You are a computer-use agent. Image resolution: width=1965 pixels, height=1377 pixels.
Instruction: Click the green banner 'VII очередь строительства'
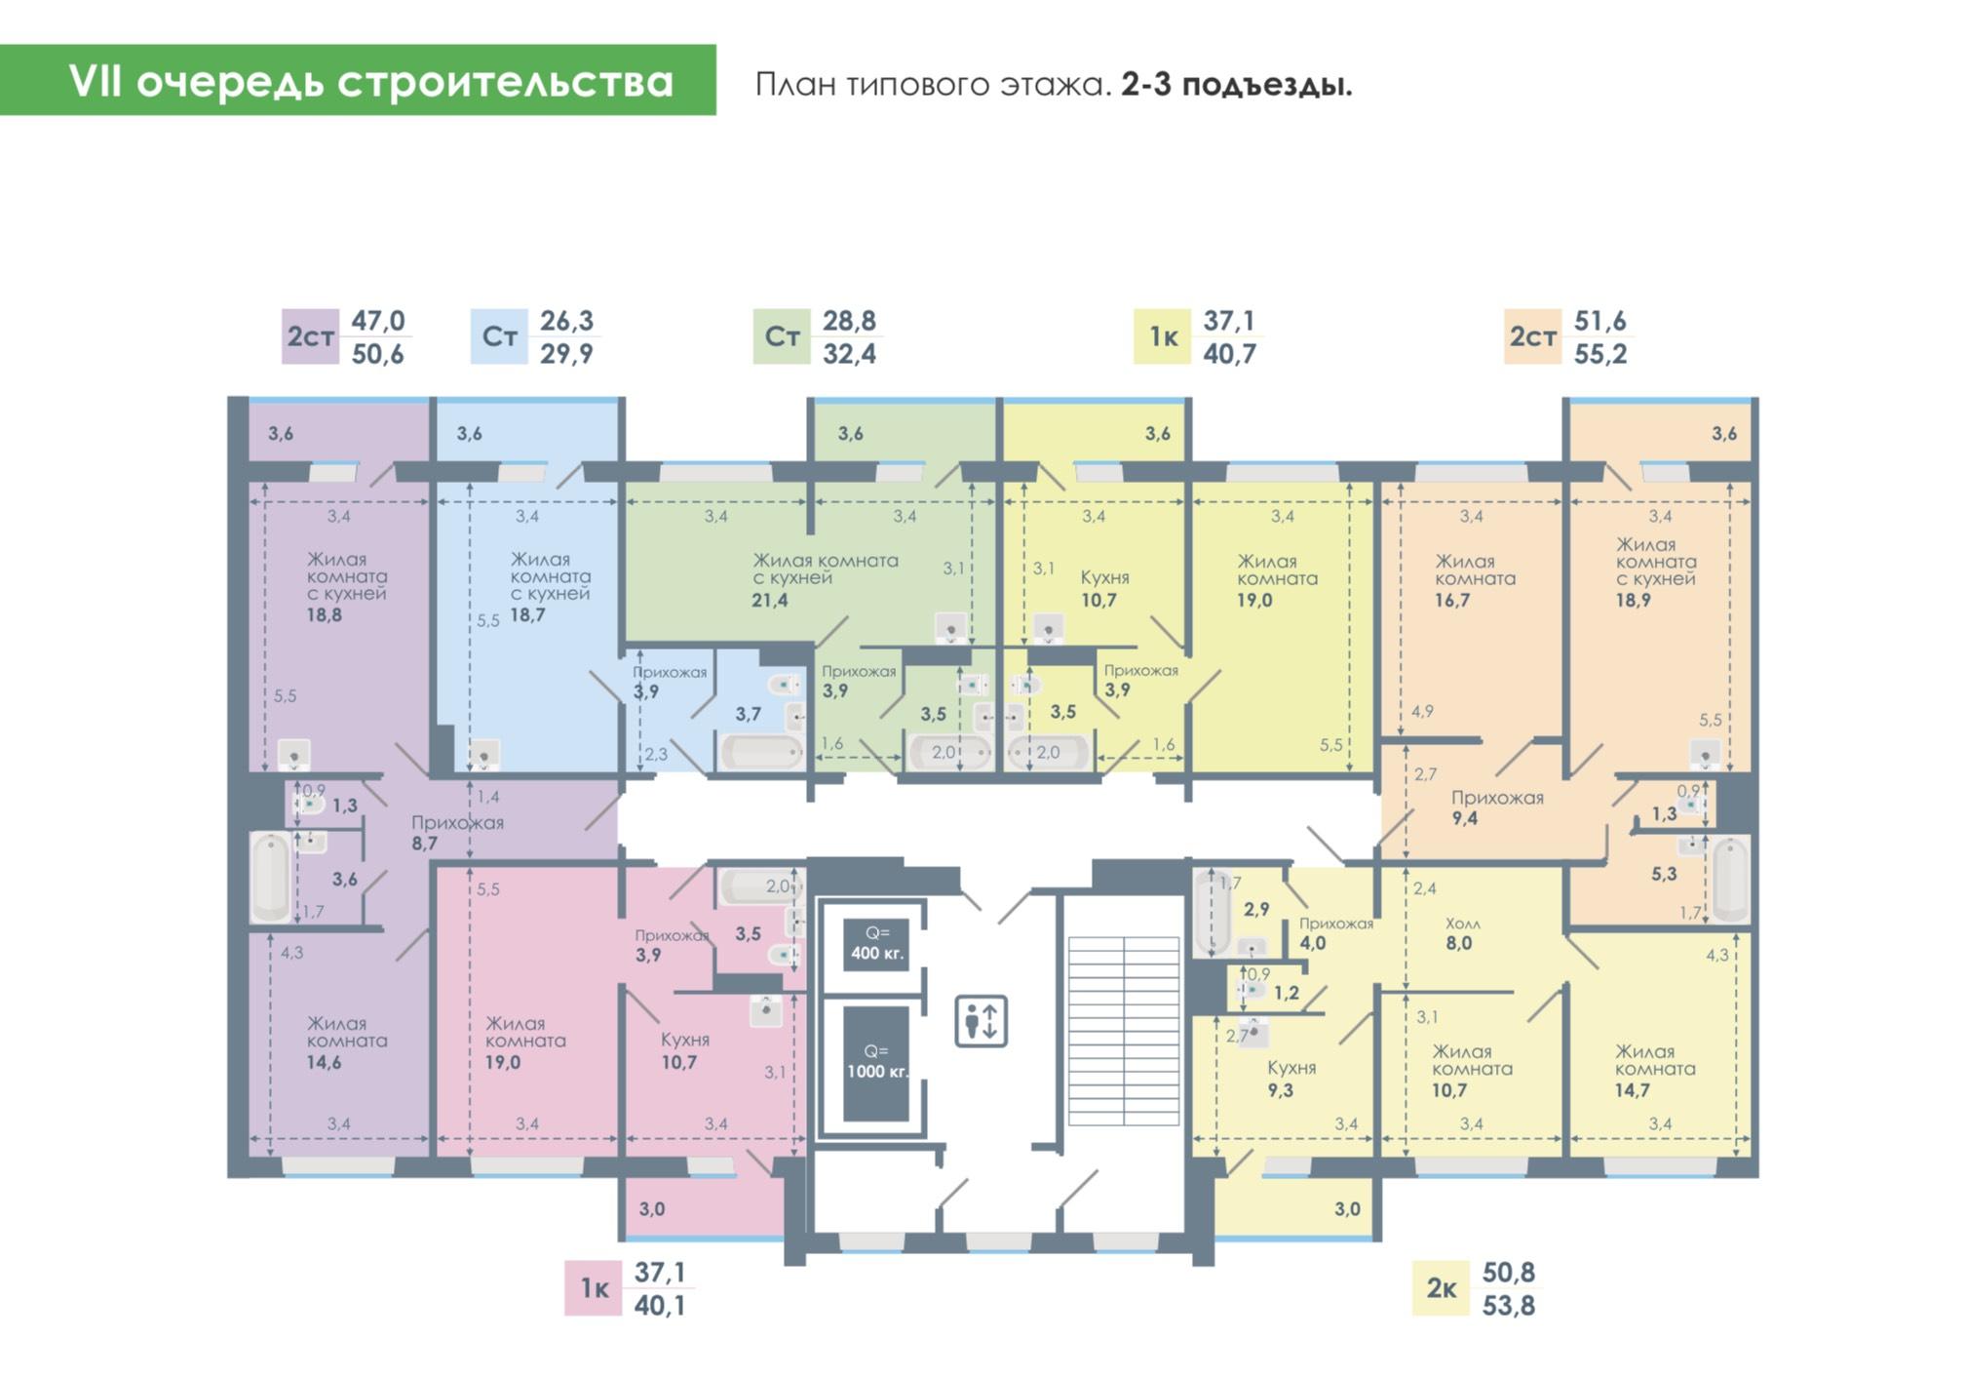(x=358, y=80)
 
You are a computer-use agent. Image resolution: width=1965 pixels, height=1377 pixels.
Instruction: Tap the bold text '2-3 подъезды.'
(x=1236, y=86)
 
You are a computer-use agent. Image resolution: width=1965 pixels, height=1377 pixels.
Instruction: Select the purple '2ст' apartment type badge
(x=310, y=336)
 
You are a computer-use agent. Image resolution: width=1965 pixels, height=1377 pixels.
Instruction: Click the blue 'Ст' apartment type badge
(x=499, y=336)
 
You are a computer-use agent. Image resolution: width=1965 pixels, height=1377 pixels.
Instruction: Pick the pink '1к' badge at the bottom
(x=594, y=1288)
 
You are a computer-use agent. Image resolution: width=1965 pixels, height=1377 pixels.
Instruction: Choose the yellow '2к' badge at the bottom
(x=1441, y=1288)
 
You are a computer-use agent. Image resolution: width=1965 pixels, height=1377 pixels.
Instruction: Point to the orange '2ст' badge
(x=1532, y=336)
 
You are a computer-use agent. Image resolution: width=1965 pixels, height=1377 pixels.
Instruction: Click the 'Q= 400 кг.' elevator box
(x=876, y=944)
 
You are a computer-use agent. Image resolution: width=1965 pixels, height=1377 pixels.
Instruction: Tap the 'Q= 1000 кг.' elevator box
(x=876, y=1063)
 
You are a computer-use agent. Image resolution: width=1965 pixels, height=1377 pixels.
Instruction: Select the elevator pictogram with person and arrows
(x=981, y=1021)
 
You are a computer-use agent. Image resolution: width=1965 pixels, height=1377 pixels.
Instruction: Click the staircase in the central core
(x=1124, y=1031)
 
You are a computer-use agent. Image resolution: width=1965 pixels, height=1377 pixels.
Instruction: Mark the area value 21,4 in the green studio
(x=770, y=601)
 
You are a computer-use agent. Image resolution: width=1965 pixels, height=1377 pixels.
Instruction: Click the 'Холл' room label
(x=1463, y=924)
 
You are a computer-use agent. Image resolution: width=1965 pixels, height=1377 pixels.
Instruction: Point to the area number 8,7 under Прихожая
(x=424, y=844)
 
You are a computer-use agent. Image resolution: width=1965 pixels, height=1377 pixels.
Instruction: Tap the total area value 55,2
(x=1600, y=354)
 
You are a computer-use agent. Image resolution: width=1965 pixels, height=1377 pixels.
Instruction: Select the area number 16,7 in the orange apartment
(x=1452, y=601)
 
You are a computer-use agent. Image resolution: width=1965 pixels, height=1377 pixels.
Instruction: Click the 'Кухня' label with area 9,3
(x=1291, y=1068)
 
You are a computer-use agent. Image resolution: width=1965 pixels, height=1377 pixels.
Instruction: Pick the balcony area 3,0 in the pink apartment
(x=652, y=1209)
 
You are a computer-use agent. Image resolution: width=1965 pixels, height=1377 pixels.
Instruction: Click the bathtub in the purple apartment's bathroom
(x=270, y=877)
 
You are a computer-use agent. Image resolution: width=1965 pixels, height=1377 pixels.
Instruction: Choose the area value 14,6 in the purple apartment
(x=324, y=1063)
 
